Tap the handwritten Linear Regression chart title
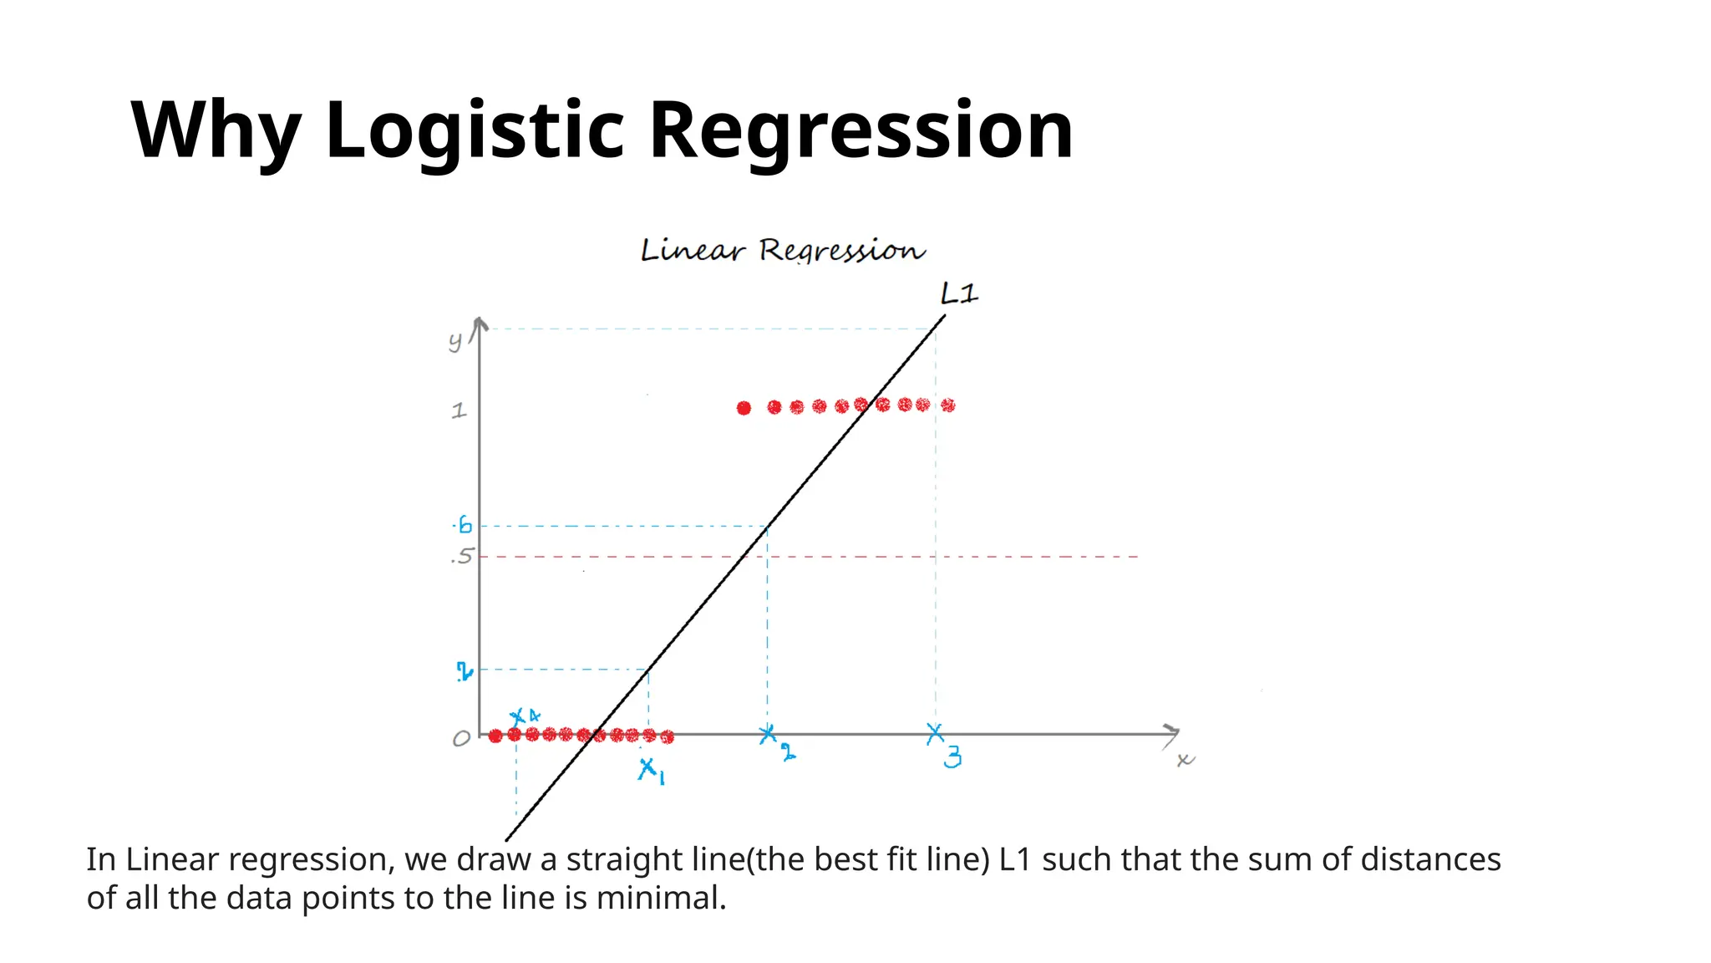(783, 250)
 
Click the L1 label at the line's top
(959, 293)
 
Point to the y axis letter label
(455, 340)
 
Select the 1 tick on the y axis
(459, 410)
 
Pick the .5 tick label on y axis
(462, 557)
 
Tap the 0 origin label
(461, 739)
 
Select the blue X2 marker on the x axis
(768, 735)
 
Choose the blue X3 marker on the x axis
(936, 734)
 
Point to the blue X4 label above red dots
(525, 716)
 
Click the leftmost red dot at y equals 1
(744, 408)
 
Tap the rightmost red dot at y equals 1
(947, 405)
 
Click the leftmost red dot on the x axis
(495, 736)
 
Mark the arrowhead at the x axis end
(1172, 734)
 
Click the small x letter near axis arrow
(1185, 760)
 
